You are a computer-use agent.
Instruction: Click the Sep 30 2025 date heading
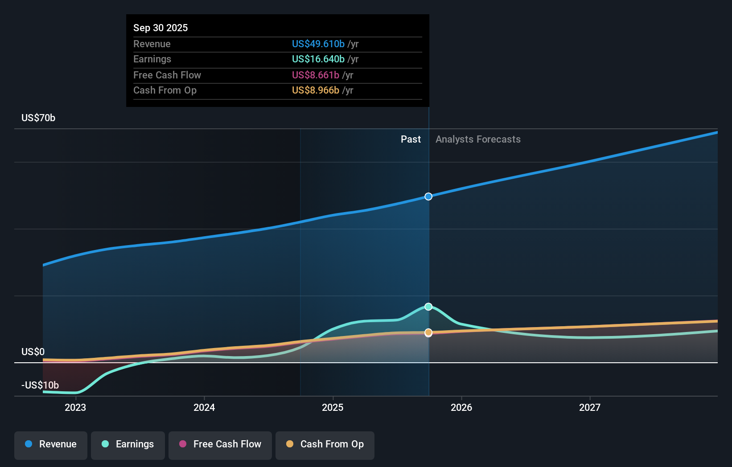pos(160,28)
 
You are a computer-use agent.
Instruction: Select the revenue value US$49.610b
pos(318,44)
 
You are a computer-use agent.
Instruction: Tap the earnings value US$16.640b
pos(318,59)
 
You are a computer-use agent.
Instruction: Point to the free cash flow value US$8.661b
pos(315,75)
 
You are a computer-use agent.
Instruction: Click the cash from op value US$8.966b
pos(315,90)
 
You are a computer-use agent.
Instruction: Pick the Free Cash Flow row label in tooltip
pos(167,75)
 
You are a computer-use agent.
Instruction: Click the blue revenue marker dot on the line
pos(428,197)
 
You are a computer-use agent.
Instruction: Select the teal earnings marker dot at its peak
pos(428,307)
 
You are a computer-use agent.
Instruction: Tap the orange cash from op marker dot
pos(428,332)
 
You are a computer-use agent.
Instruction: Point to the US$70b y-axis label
pos(38,118)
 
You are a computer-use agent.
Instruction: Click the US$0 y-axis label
pos(33,352)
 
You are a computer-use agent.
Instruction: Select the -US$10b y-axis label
pos(40,385)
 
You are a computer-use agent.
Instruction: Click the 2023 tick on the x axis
pos(75,407)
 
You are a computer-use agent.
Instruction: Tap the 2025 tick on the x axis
pos(333,407)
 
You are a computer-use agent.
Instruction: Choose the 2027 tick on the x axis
pos(589,407)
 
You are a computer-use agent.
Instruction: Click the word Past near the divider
pos(411,139)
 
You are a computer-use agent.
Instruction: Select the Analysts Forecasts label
pos(478,139)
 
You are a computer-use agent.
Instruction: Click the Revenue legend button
pos(51,444)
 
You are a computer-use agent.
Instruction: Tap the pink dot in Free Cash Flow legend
pos(183,444)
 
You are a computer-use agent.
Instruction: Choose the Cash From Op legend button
pos(325,444)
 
